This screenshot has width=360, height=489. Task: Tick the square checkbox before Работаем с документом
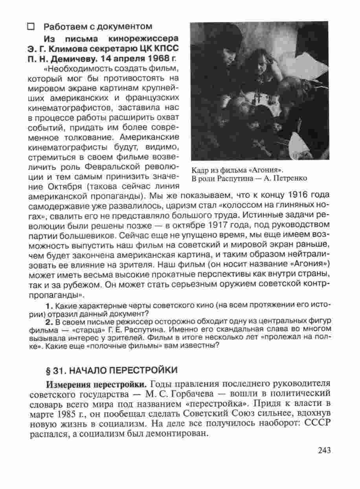tap(31, 27)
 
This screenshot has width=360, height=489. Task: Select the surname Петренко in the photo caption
tap(288, 179)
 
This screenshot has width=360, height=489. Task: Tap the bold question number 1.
tap(49, 306)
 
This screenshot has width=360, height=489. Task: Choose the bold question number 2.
tap(49, 321)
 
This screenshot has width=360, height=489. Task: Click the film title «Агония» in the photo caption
tap(269, 170)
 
